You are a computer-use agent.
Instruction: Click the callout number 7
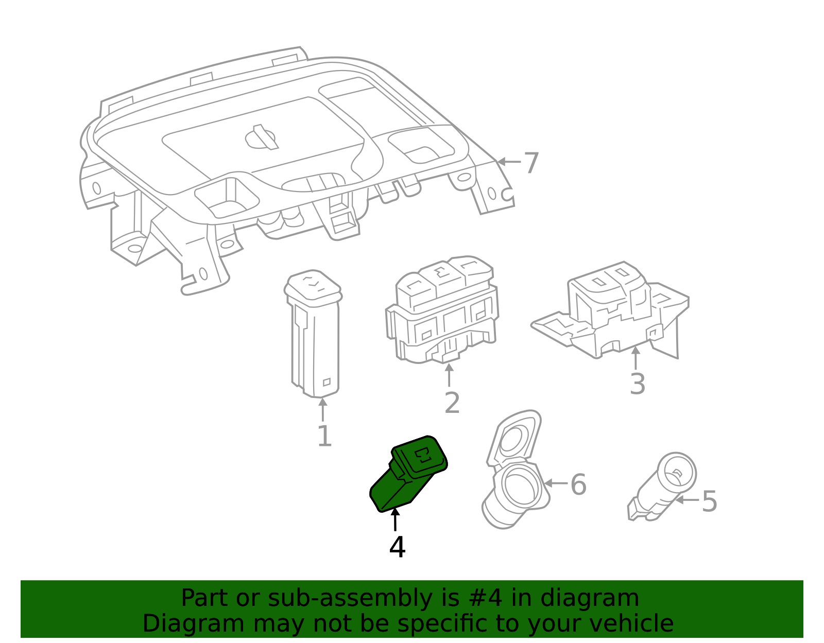(531, 163)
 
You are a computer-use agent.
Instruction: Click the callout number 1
(324, 436)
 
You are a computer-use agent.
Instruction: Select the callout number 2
(452, 403)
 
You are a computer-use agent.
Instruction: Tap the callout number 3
(637, 384)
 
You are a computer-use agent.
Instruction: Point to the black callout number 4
(397, 547)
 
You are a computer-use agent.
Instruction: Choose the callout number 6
(578, 484)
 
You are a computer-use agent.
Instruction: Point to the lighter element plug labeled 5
(664, 486)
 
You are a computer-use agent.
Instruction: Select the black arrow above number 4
(395, 519)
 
